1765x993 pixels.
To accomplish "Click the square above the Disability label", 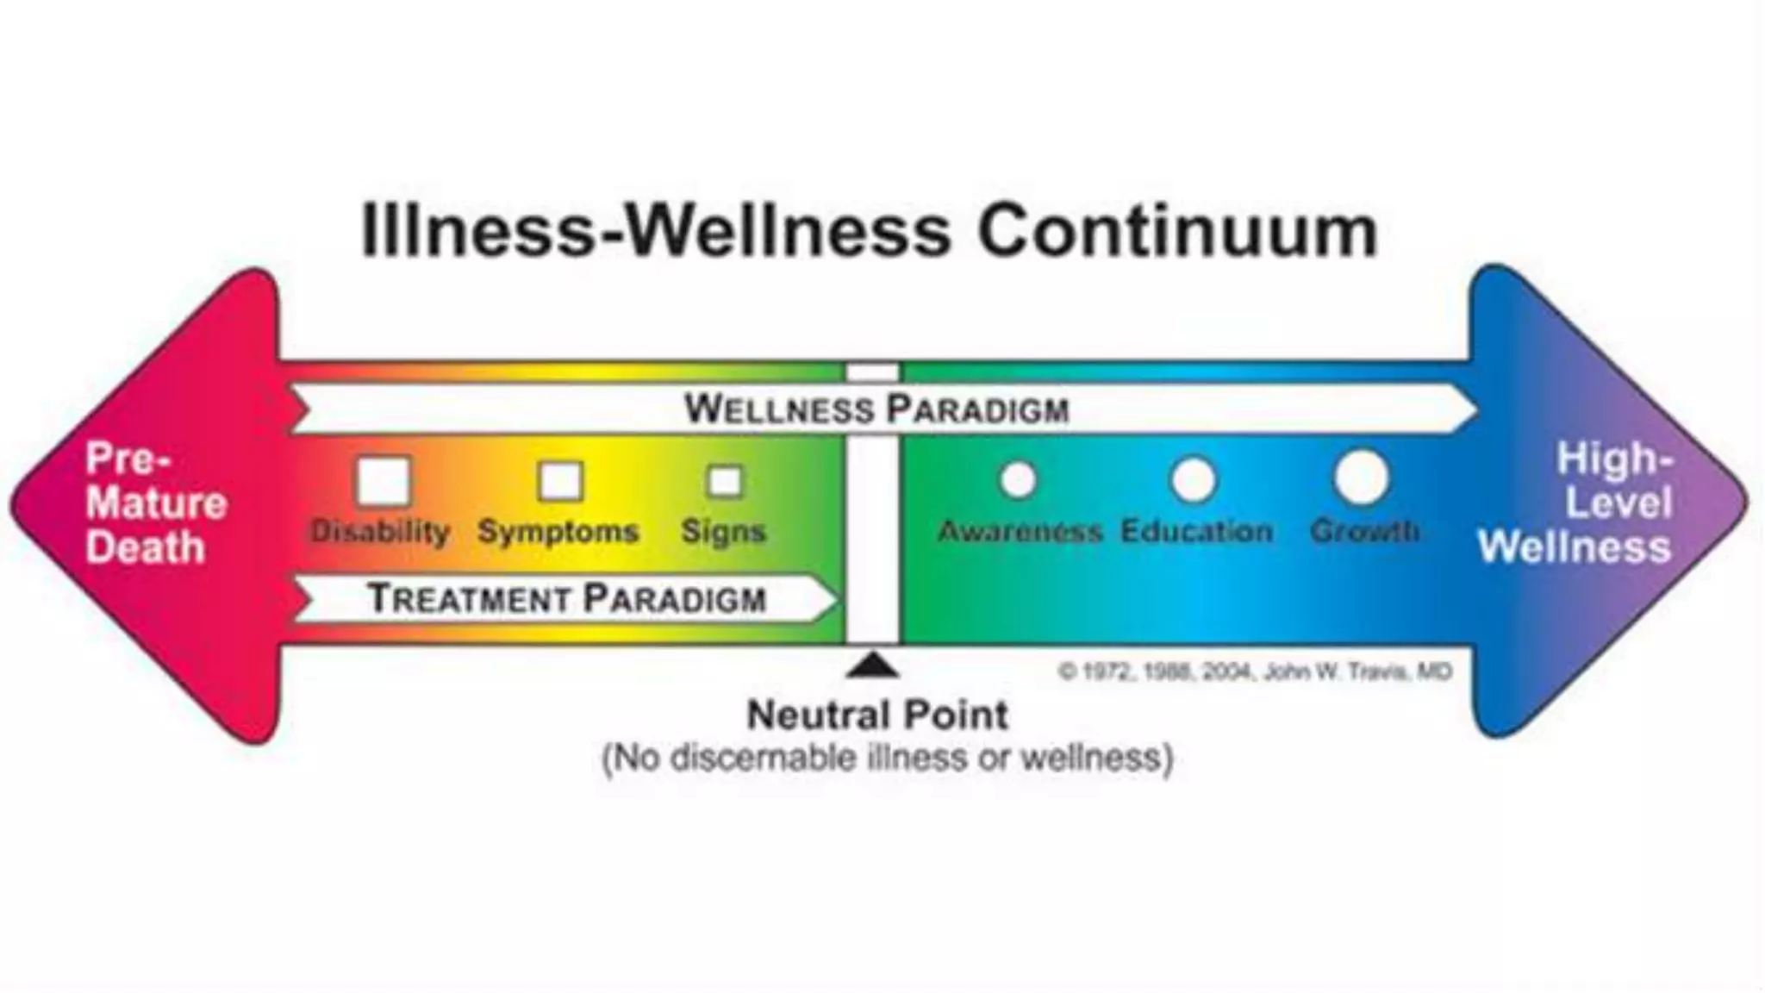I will tap(384, 481).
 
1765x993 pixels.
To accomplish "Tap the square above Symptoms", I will tap(560, 481).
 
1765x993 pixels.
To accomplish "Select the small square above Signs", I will tap(724, 481).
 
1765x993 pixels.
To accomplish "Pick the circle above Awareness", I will tap(1018, 479).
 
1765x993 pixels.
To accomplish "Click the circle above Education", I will tap(1194, 479).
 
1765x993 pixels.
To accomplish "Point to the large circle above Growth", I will tap(1362, 477).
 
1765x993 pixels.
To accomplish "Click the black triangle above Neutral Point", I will tap(873, 665).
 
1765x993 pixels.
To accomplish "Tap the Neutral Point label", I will tap(876, 715).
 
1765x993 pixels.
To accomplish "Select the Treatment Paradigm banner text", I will tap(566, 598).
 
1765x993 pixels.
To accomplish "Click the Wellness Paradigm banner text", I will tap(876, 409).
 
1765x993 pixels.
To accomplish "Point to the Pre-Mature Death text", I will tap(155, 503).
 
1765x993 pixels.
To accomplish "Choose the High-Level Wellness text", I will tap(1575, 503).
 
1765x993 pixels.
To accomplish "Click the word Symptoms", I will tap(558, 531).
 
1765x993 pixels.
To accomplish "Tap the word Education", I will tap(1196, 531).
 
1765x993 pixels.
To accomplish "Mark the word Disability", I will tap(380, 531).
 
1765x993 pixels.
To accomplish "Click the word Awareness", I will tap(1020, 531).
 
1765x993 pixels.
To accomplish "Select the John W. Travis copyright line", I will tap(1255, 671).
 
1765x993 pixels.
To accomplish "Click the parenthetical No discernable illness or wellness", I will tap(887, 759).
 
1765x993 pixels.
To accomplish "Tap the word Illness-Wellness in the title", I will tap(655, 231).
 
